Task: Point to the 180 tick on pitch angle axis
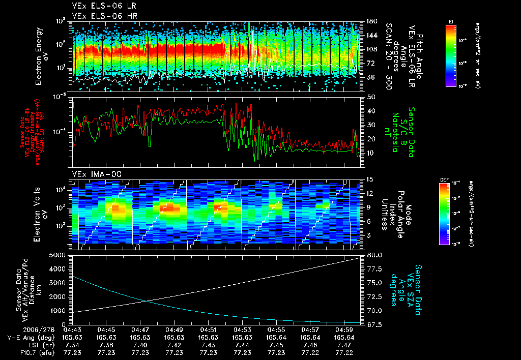(371, 21)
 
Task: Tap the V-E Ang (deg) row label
(30, 337)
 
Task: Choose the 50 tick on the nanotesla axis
(370, 97)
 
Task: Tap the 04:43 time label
(72, 329)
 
